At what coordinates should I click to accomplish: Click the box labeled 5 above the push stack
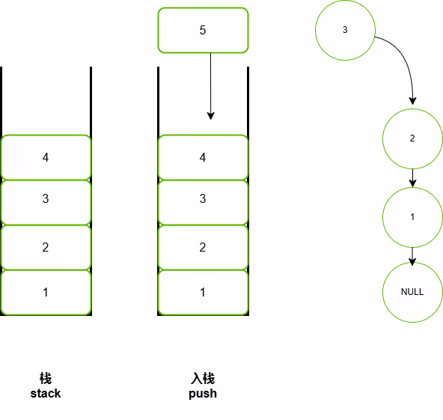[203, 30]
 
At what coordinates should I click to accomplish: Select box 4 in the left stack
[46, 157]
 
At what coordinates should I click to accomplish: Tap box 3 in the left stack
[46, 202]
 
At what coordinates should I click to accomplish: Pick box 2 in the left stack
[46, 248]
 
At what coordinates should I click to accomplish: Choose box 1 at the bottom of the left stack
[46, 293]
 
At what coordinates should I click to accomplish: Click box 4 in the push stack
[203, 157]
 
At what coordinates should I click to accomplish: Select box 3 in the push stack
[203, 202]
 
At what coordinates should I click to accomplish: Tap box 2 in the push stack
[203, 248]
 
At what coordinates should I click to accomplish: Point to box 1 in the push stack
[203, 293]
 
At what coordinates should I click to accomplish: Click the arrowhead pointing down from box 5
[211, 116]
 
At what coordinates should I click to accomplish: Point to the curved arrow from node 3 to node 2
[406, 59]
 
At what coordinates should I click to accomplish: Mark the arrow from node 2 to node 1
[412, 178]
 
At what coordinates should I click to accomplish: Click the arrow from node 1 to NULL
[412, 256]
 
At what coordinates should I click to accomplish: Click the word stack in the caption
[46, 394]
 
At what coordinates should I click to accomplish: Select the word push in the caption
[203, 394]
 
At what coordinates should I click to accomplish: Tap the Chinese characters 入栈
[203, 379]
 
